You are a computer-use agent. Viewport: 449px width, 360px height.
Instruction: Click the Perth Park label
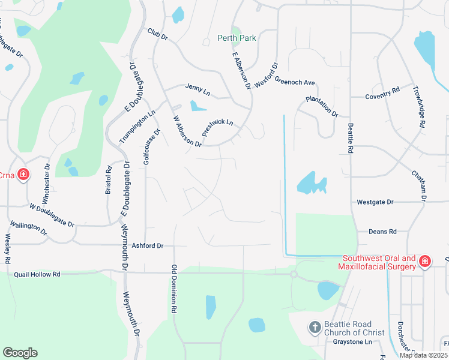point(237,38)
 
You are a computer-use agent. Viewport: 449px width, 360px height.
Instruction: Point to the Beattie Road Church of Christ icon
point(314,328)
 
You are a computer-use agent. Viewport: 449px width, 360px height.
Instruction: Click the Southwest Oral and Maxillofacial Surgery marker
point(424,262)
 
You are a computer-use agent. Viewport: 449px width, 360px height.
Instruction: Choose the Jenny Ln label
point(197,92)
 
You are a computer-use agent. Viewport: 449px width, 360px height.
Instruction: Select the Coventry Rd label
point(382,94)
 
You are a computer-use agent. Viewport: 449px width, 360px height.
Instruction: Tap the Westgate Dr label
point(375,202)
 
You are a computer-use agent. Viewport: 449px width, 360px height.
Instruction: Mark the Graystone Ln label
point(352,341)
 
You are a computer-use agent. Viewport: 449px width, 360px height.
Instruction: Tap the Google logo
point(20,353)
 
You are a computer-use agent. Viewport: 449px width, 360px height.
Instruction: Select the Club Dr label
point(157,35)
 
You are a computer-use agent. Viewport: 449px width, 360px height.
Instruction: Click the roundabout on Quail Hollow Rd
point(294,274)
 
